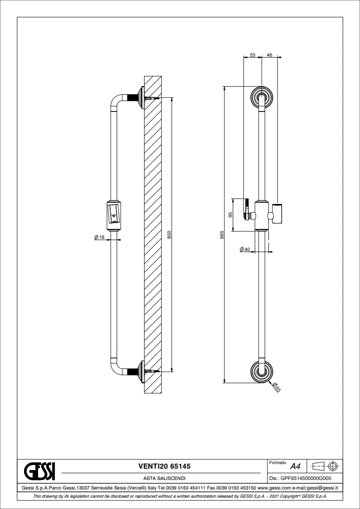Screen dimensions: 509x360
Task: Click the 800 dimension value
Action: [169, 235]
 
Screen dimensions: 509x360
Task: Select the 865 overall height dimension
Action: [222, 234]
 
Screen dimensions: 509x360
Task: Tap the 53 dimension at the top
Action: [253, 54]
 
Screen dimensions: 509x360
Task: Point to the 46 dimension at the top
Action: [269, 54]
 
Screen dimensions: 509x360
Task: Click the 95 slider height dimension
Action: [230, 215]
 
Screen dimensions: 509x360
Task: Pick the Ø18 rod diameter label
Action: [99, 237]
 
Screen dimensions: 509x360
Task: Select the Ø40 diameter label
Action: [244, 249]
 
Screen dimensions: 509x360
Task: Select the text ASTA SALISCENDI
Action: [164, 478]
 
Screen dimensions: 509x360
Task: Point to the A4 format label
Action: [295, 466]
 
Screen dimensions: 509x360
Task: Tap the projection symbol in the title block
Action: [326, 465]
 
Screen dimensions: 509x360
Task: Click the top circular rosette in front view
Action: [262, 96]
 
